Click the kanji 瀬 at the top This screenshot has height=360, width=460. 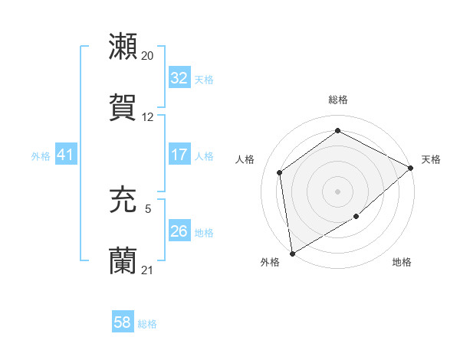(123, 47)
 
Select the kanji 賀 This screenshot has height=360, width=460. (123, 107)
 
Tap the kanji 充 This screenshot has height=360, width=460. (123, 201)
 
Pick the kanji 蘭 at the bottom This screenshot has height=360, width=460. (123, 261)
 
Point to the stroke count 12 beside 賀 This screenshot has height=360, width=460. (147, 117)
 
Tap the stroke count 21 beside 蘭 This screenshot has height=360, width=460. (147, 270)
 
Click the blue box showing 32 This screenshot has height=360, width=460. (179, 78)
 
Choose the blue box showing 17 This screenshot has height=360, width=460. (179, 155)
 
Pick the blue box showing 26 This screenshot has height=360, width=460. (179, 231)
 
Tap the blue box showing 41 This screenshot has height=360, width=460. (65, 155)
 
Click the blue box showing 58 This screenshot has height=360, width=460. (122, 323)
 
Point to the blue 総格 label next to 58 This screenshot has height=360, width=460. (147, 324)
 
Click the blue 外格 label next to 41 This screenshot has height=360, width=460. (41, 155)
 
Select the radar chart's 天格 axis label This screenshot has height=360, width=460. (431, 159)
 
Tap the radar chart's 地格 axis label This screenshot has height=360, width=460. (402, 263)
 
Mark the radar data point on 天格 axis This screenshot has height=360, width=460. (411, 168)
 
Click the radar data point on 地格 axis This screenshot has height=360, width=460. (356, 217)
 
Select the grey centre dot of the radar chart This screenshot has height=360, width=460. (337, 191)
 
